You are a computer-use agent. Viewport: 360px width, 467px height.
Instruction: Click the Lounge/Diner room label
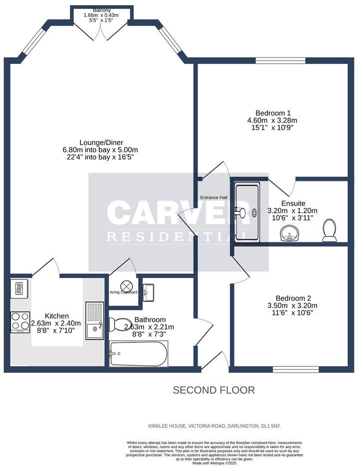pos(100,142)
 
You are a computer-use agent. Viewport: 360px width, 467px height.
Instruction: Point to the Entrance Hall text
pos(214,198)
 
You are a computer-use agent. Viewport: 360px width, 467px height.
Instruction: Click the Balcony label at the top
pos(102,10)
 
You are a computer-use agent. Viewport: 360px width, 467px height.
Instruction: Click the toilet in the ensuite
pos(329,230)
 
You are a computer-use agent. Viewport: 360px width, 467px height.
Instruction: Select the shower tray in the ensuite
pos(247,213)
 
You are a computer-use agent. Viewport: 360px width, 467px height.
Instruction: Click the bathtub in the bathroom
pos(139,354)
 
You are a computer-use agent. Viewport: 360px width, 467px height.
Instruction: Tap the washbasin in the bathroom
pos(149,292)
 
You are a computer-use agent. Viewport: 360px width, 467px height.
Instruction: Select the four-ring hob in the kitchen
pos(20,322)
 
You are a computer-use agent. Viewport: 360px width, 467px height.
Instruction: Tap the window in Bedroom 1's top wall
pos(281,61)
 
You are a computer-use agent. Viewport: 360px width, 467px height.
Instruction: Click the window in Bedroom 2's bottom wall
pos(296,369)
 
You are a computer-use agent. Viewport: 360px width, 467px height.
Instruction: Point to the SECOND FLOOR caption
pos(213,390)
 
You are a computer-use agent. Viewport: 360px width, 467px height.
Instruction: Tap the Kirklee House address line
pos(217,426)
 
